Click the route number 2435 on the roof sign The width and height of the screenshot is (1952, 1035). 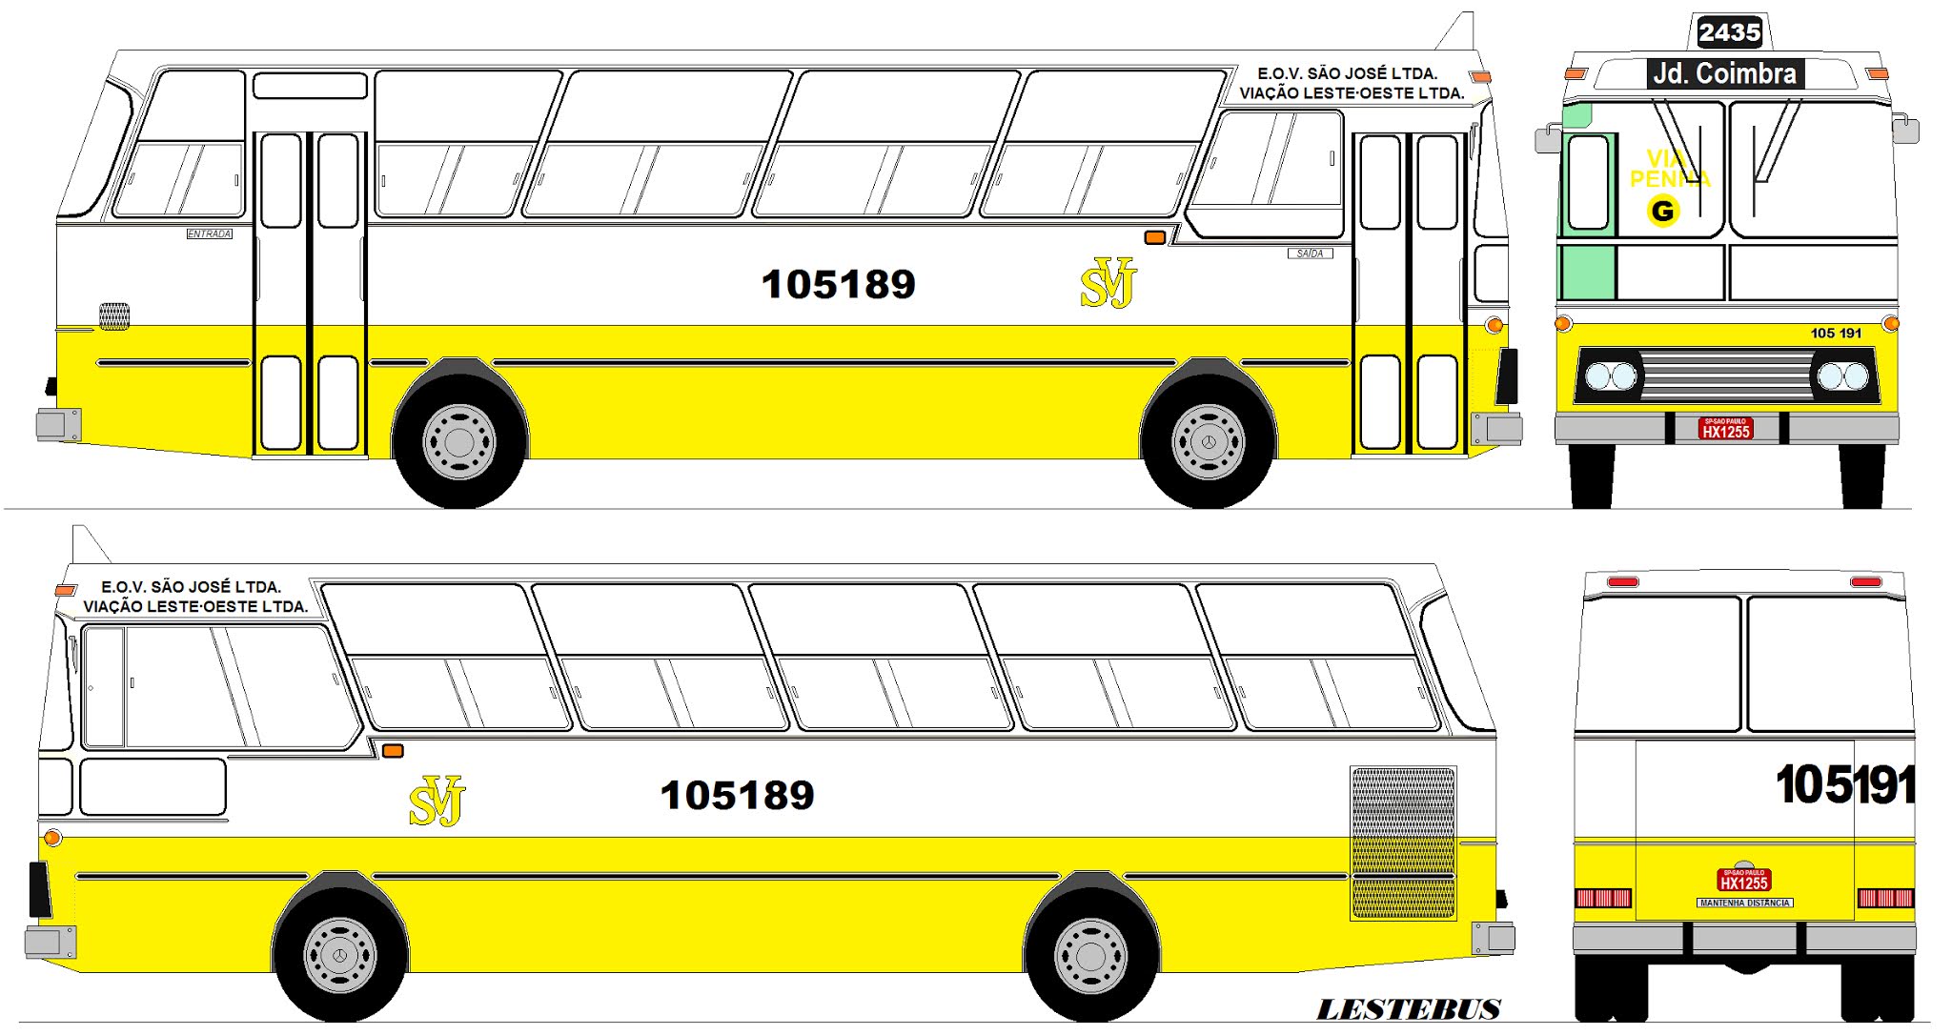(x=1729, y=32)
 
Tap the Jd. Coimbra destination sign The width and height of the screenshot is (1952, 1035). (x=1724, y=73)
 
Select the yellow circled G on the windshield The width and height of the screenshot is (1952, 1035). (x=1663, y=211)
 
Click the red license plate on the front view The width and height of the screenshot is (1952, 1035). (x=1725, y=428)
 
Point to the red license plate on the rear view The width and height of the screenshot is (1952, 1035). (x=1743, y=880)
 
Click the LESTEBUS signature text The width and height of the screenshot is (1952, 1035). (x=1408, y=1009)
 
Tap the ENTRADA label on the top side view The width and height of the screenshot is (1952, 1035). (x=209, y=233)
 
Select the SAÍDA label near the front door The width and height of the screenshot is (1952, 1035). (x=1310, y=254)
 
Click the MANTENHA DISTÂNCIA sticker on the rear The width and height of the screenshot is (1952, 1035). (x=1744, y=903)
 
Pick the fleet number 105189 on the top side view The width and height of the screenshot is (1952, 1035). (x=838, y=284)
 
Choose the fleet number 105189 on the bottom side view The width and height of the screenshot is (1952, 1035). (x=737, y=796)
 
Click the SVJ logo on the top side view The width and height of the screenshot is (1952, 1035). (x=1108, y=283)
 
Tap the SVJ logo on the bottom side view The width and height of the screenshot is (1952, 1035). (x=437, y=801)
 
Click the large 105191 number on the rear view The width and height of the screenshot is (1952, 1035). (x=1844, y=785)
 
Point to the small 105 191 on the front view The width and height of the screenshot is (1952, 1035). (x=1835, y=333)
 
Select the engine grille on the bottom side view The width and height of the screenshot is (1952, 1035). (x=1403, y=842)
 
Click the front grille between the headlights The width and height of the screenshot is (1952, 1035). (x=1725, y=375)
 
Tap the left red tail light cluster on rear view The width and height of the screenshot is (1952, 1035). (x=1603, y=898)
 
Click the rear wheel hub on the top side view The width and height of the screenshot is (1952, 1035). (x=459, y=442)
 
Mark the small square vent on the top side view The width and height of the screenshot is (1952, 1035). (x=114, y=315)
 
